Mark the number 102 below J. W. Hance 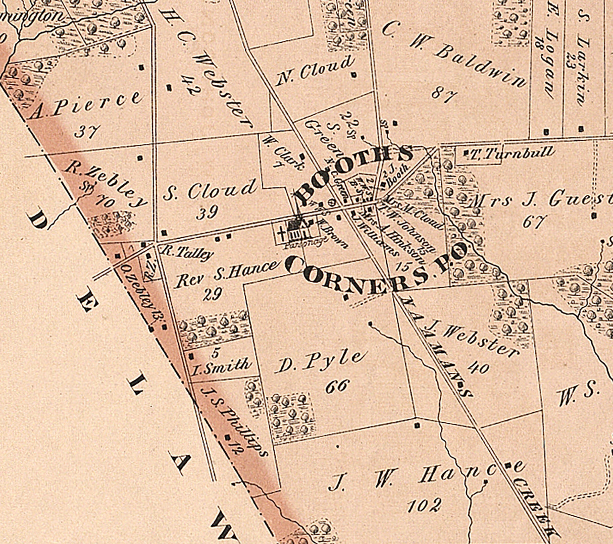[x=424, y=505]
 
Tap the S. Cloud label [x=210, y=190]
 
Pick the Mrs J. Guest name [x=540, y=199]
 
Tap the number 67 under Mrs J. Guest [x=533, y=222]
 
